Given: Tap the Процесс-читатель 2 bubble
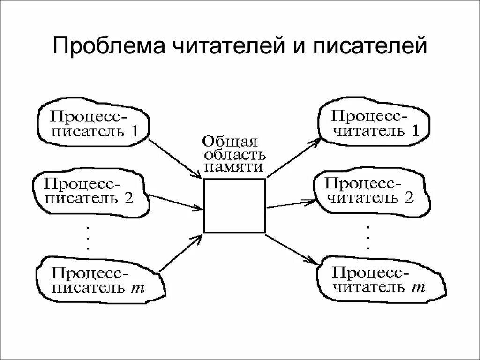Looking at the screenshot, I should [x=370, y=190].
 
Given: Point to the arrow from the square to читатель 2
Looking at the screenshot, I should [x=290, y=204].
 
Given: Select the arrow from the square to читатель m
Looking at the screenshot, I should [x=291, y=248].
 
